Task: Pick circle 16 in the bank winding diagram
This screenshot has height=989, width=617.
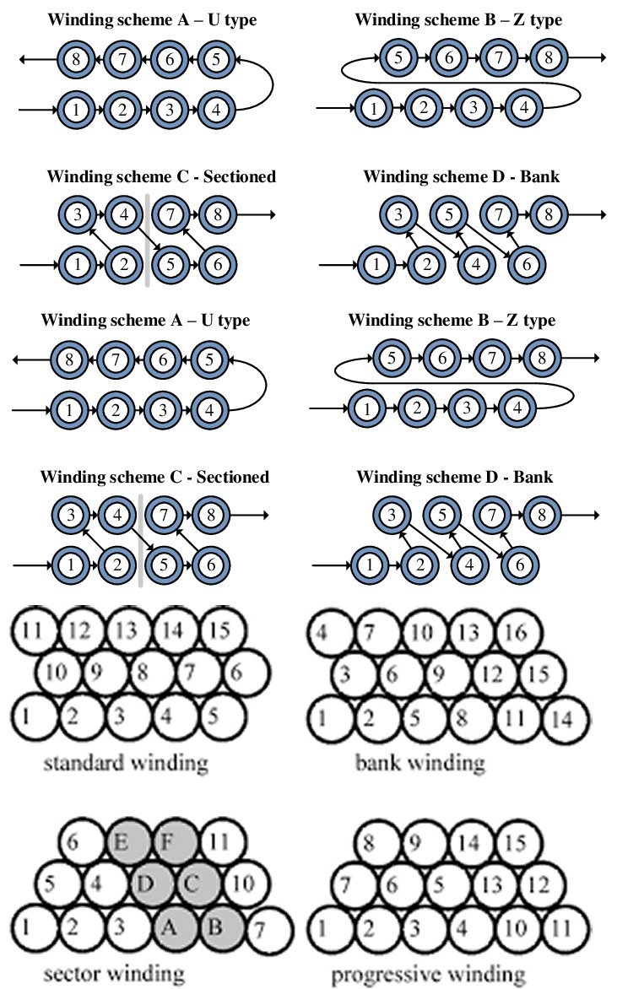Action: (517, 633)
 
